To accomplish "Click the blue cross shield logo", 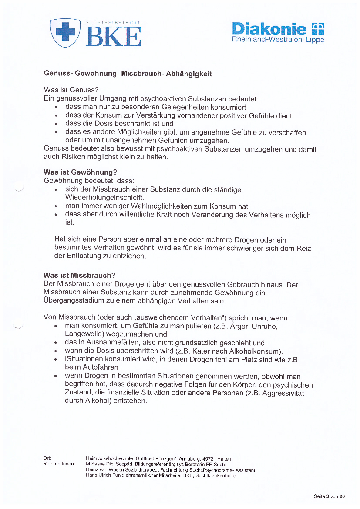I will [65, 33].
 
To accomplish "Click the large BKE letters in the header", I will [114, 36].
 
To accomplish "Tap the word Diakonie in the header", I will [270, 29].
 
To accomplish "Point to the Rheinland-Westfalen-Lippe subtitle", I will [278, 40].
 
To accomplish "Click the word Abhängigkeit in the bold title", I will [190, 74].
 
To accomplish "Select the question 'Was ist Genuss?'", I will [68, 90].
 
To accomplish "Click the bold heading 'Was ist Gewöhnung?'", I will [81, 172].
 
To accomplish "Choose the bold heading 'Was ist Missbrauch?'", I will [79, 276].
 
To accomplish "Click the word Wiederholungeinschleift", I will [104, 198].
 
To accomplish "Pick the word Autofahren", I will [85, 367].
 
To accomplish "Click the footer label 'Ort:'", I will [47, 458].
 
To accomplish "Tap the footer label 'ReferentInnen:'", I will [59, 464].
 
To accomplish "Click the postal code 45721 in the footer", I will [207, 459].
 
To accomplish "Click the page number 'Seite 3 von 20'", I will [329, 496].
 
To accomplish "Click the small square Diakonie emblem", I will [318, 29].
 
